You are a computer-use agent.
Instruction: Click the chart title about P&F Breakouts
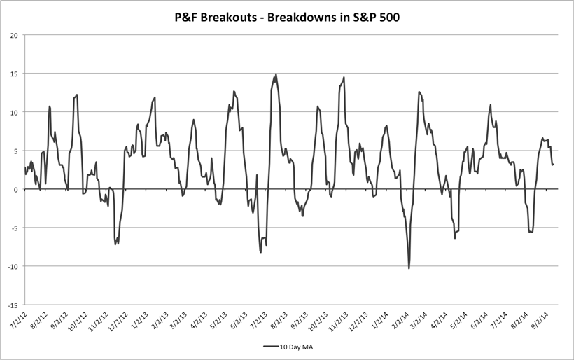coord(286,15)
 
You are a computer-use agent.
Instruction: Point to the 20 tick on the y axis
coord(14,35)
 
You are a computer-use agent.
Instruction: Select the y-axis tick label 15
coord(14,74)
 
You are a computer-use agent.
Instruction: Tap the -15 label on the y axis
coord(13,305)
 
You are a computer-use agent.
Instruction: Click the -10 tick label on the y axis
coord(13,266)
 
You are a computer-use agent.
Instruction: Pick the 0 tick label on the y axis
coord(16,189)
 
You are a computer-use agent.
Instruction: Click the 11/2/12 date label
coord(99,324)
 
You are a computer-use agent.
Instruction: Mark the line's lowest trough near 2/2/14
coord(409,268)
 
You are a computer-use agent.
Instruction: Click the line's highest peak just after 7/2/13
coord(276,74)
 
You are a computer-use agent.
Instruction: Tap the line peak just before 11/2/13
coord(344,78)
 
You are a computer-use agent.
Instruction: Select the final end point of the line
coord(553,165)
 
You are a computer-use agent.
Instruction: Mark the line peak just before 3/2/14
coord(419,92)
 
